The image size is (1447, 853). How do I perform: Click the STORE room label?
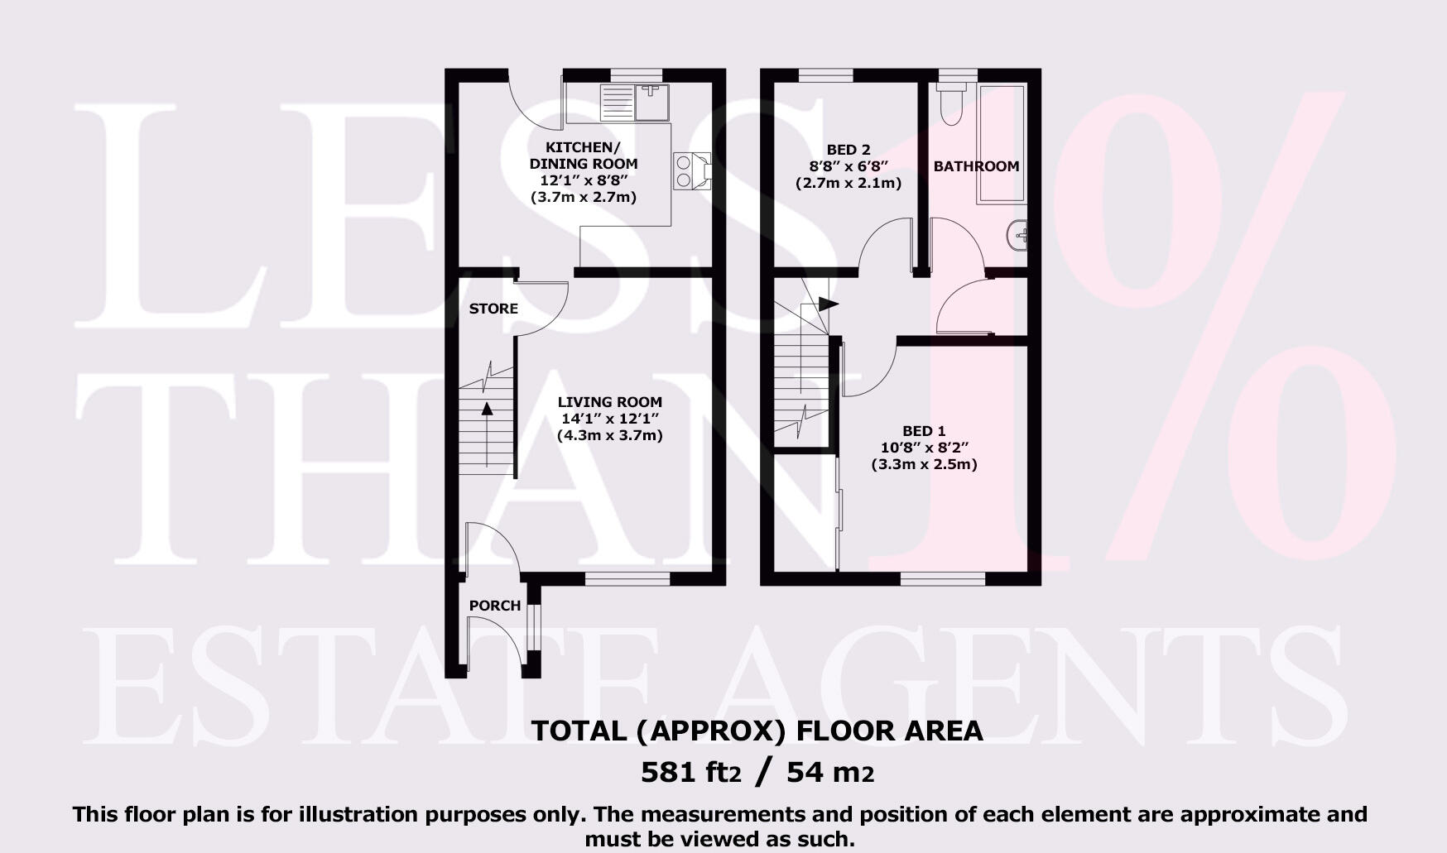493,309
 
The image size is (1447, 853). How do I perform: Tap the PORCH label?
495,606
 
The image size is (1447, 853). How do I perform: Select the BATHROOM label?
976,166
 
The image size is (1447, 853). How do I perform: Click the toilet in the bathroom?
952,103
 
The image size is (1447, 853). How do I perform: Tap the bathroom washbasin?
1019,237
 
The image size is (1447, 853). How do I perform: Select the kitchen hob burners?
685,171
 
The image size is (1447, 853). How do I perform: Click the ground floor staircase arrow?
487,409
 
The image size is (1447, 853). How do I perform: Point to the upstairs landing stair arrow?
825,304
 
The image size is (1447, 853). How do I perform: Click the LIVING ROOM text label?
609,402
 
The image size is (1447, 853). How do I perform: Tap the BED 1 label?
924,431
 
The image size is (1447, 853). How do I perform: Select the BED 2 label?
848,150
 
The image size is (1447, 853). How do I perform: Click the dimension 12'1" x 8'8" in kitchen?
584,180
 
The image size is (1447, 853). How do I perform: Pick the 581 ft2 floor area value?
690,773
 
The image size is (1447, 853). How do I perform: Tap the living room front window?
627,579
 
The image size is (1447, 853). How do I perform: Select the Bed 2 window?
825,75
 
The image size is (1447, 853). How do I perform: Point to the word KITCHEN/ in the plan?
583,147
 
